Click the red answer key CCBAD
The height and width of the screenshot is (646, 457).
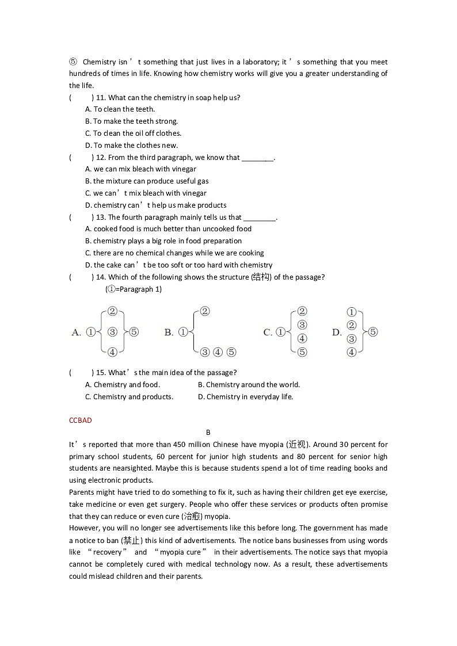tap(80, 421)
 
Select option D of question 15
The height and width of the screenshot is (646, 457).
tap(246, 397)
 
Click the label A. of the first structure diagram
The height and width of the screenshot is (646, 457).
tap(76, 332)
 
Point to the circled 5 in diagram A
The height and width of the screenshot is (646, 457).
tap(134, 332)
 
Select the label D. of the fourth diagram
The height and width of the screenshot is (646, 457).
tap(337, 332)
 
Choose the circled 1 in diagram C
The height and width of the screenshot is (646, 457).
tap(280, 332)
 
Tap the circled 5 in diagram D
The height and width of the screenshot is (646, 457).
tap(373, 332)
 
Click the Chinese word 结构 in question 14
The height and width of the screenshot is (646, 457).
tap(261, 277)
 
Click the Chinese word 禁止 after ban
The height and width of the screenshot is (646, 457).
tap(132, 540)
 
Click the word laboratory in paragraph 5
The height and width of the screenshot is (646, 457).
tap(248, 62)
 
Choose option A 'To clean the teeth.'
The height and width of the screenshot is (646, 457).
tap(120, 109)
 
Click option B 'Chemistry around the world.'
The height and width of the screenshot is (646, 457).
tap(249, 385)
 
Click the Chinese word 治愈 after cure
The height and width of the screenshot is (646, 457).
tap(193, 517)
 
